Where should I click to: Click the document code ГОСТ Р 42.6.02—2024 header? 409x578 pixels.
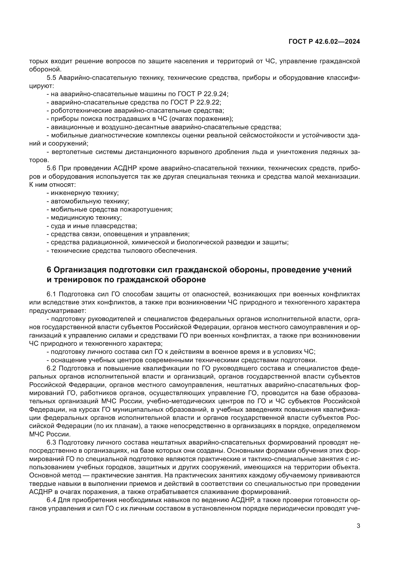click(x=324, y=42)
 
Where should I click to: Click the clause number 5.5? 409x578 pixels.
click(x=51, y=78)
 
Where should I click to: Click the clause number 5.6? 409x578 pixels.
click(x=51, y=169)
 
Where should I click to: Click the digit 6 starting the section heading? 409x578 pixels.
click(x=49, y=270)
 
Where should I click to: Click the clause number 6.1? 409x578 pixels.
click(x=51, y=294)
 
